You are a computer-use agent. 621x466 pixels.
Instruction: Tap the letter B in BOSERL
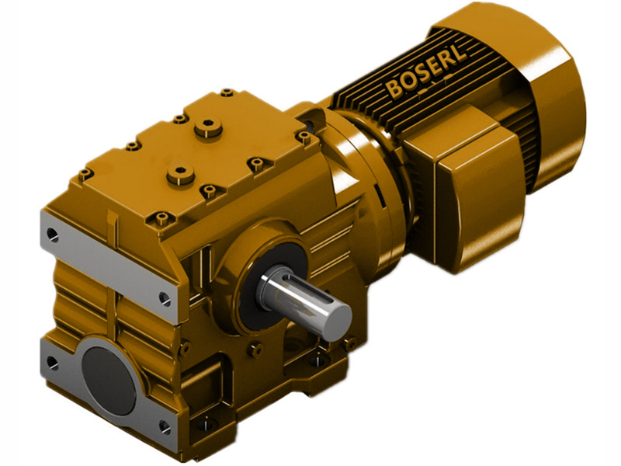click(395, 89)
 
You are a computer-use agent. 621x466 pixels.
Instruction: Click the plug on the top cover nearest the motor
click(208, 127)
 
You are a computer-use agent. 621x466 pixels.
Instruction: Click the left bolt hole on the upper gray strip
click(52, 232)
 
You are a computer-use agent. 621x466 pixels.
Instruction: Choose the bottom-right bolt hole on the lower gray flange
click(164, 426)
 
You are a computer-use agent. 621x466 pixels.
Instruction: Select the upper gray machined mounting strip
click(109, 264)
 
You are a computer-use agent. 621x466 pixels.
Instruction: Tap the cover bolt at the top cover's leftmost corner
click(86, 173)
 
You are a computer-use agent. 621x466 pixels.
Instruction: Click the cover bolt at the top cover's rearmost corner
click(227, 93)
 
